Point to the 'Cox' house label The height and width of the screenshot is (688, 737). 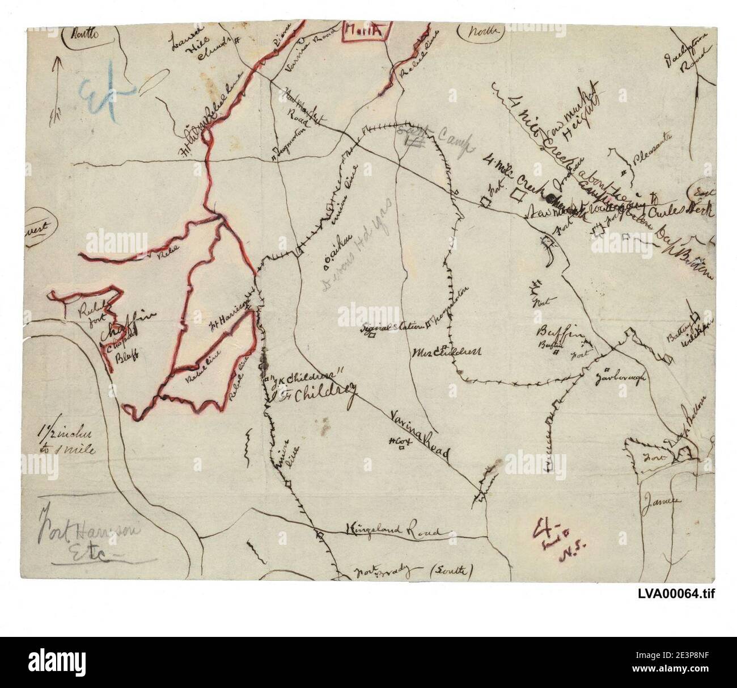click(400, 441)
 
